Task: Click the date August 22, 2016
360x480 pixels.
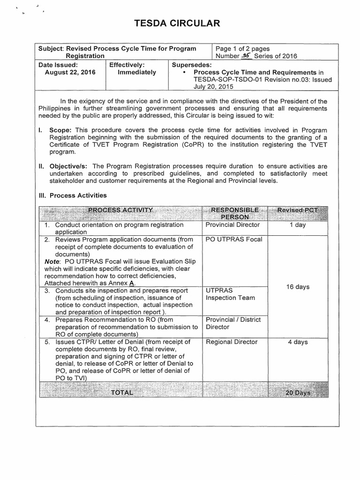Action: (x=70, y=73)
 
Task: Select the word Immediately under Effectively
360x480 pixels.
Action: (x=137, y=73)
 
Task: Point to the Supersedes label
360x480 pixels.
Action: (x=192, y=65)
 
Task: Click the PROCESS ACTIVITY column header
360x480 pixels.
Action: (x=120, y=210)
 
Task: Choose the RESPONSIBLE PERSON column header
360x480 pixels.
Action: (x=235, y=213)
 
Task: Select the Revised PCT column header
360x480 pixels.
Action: (x=297, y=210)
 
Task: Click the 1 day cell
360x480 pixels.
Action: (x=297, y=225)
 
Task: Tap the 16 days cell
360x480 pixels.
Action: (x=297, y=287)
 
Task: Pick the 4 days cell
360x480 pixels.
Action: (x=297, y=342)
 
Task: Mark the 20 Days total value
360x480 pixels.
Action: (x=298, y=393)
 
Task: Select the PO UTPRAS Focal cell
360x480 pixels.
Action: (x=234, y=240)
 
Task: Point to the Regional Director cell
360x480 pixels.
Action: (x=232, y=342)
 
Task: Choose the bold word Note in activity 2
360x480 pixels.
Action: (x=52, y=261)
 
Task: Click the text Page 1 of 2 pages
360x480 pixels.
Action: (x=242, y=49)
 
